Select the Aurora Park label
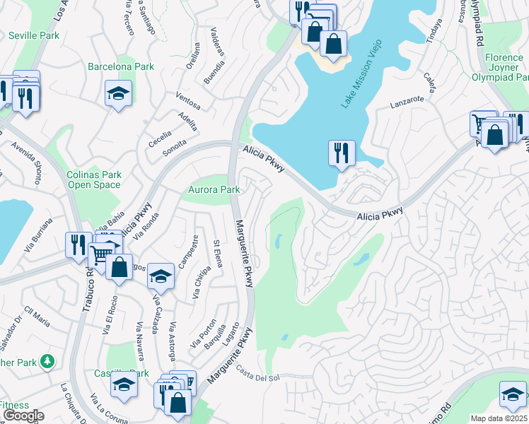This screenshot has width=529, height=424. [214, 190]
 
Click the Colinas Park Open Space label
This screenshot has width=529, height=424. [94, 180]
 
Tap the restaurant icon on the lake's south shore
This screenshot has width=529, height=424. [342, 152]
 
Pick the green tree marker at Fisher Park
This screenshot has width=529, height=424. [47, 362]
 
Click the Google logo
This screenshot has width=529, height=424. [23, 416]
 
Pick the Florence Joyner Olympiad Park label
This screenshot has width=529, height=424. [504, 67]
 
